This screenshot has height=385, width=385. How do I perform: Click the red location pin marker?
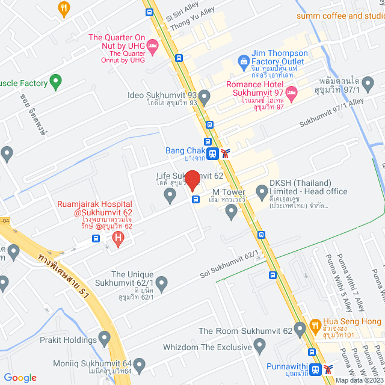pos(192,180)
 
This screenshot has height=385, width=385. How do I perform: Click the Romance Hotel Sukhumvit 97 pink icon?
pos(291,92)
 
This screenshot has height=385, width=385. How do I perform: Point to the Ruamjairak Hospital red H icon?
pos(118,239)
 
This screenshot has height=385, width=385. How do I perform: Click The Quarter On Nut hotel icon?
pos(153,46)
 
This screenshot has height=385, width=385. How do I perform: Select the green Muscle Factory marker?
pos(55,79)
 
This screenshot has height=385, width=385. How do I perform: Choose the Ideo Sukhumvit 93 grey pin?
pos(205,96)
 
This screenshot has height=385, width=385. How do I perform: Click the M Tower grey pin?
pos(232,211)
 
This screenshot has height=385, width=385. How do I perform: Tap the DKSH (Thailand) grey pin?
pos(262,192)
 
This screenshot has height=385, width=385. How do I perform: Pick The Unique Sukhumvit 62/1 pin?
pos(161,282)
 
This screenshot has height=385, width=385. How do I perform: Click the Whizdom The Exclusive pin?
pos(260,345)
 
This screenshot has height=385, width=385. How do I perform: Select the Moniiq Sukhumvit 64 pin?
pos(140,365)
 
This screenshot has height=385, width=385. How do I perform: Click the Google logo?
pos(20,377)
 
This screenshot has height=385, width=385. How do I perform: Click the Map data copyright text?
pos(359,380)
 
